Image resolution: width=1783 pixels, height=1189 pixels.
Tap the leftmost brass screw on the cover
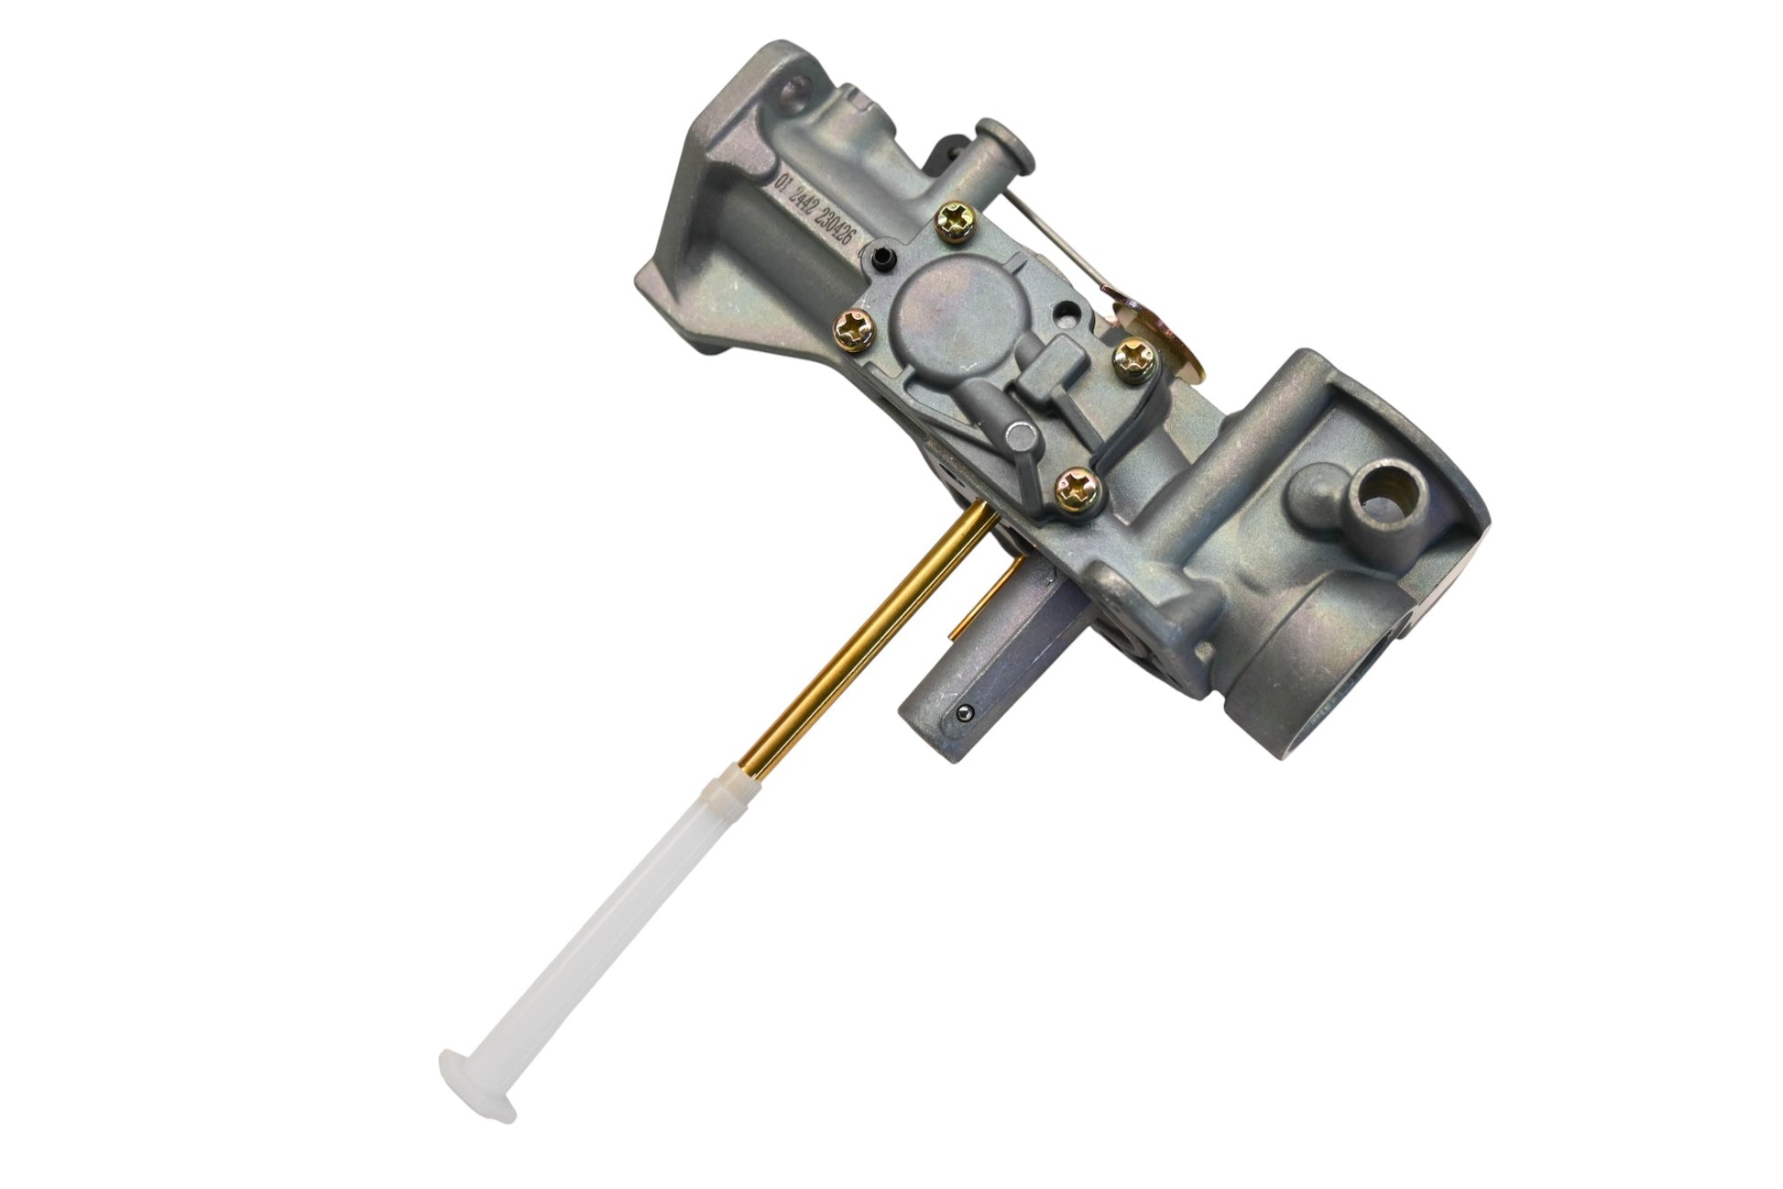click(852, 326)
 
